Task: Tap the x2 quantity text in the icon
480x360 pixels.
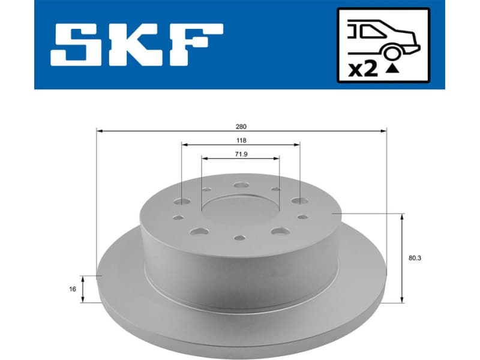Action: coord(363,70)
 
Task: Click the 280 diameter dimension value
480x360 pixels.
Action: coord(241,127)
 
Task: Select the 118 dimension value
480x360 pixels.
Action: coord(241,140)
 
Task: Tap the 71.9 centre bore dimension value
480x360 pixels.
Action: coord(241,155)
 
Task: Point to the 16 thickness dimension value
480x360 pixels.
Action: coord(73,289)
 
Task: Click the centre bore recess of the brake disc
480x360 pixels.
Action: coord(240,210)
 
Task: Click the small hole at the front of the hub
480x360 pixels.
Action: coord(239,238)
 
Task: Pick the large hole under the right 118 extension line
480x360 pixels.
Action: coord(298,201)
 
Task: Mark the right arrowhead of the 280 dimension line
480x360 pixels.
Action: coord(383,130)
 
